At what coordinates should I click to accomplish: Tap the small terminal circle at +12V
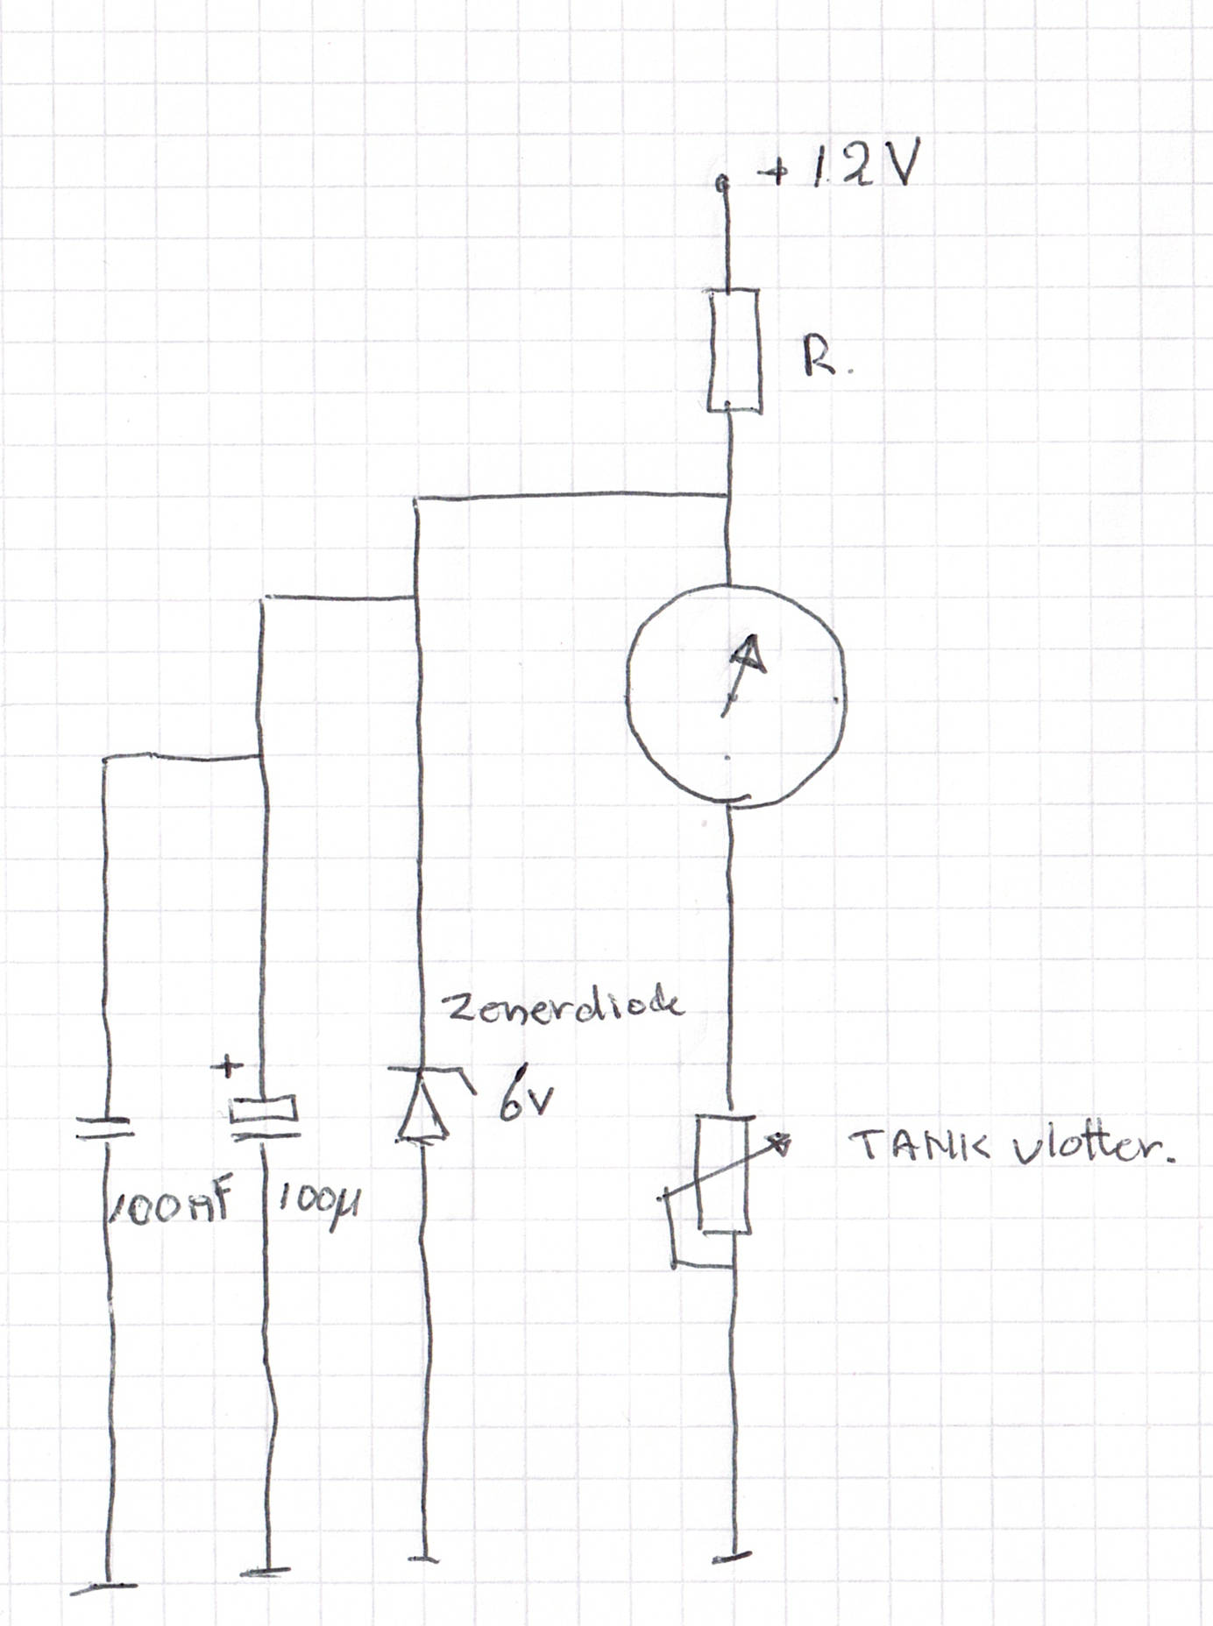pyautogui.click(x=721, y=183)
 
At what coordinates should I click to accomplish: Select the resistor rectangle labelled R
pyautogui.click(x=734, y=350)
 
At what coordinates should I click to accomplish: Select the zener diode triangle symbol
pyautogui.click(x=422, y=1106)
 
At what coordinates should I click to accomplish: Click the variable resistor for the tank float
pyautogui.click(x=724, y=1174)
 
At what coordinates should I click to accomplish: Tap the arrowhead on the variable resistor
pyautogui.click(x=779, y=1142)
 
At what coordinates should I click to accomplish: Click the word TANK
pyautogui.click(x=919, y=1144)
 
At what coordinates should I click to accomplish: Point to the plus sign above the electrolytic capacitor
pyautogui.click(x=228, y=1067)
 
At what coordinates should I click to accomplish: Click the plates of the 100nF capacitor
pyautogui.click(x=104, y=1128)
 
